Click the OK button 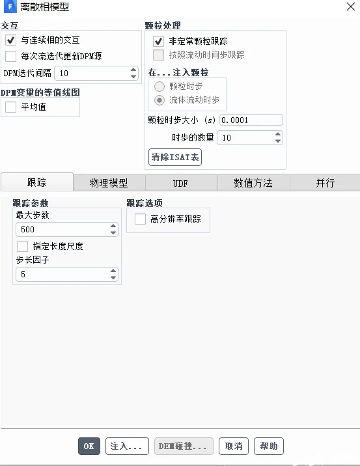click(x=89, y=446)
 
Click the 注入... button click(x=127, y=446)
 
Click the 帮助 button click(x=268, y=446)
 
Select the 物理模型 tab click(x=109, y=183)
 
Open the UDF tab click(x=180, y=183)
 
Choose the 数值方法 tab click(x=253, y=183)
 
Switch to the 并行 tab click(x=325, y=183)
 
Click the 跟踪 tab click(x=36, y=183)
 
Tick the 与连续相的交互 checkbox click(x=10, y=40)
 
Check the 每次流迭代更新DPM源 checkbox click(x=10, y=56)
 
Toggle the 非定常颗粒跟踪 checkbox click(x=158, y=41)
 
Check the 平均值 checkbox click(x=10, y=107)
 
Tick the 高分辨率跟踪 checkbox click(x=140, y=219)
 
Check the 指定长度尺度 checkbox click(x=23, y=246)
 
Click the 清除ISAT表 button click(x=175, y=157)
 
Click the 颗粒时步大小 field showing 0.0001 click(x=251, y=120)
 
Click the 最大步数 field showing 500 click(x=62, y=229)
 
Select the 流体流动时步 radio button click(x=159, y=100)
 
